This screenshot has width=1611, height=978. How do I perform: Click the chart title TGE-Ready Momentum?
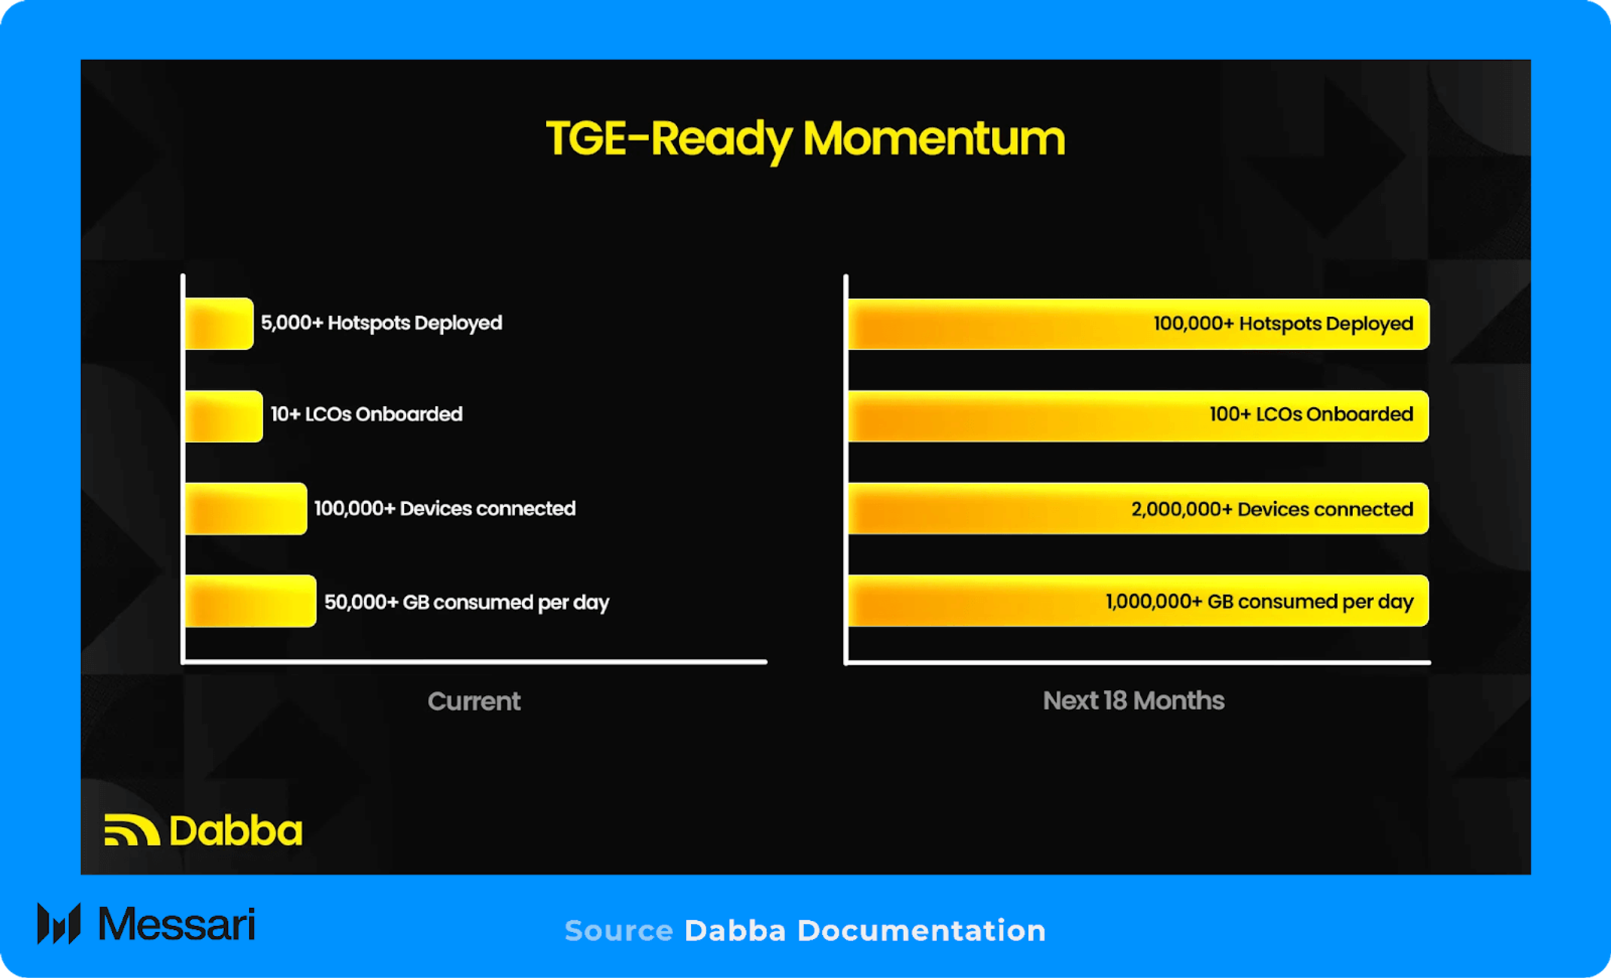pyautogui.click(x=805, y=139)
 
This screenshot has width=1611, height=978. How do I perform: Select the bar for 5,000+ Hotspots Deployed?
pyautogui.click(x=219, y=323)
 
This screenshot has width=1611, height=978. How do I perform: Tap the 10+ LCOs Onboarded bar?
pyautogui.click(x=223, y=416)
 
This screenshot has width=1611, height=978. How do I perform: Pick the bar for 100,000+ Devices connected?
pyautogui.click(x=246, y=509)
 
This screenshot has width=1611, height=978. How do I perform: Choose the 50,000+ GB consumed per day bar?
pyautogui.click(x=250, y=601)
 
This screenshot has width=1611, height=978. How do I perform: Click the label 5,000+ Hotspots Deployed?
pyautogui.click(x=381, y=323)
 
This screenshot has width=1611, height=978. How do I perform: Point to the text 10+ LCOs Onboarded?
pyautogui.click(x=366, y=415)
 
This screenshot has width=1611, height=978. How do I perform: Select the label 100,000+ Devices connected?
pyautogui.click(x=444, y=509)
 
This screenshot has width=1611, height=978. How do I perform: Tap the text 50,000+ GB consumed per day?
pyautogui.click(x=466, y=603)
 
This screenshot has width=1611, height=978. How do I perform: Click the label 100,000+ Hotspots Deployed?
pyautogui.click(x=1283, y=323)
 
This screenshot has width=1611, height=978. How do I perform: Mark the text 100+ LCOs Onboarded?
pyautogui.click(x=1311, y=415)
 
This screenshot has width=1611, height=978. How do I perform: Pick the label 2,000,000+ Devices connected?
pyautogui.click(x=1272, y=509)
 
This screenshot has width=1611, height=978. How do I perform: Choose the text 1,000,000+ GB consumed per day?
pyautogui.click(x=1259, y=602)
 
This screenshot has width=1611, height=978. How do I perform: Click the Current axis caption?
pyautogui.click(x=474, y=701)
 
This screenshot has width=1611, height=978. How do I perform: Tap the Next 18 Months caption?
pyautogui.click(x=1133, y=700)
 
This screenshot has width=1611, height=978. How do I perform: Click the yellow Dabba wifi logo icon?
pyautogui.click(x=132, y=830)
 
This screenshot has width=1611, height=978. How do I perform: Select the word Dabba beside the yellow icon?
pyautogui.click(x=235, y=830)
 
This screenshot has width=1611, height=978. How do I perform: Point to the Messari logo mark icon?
pyautogui.click(x=59, y=923)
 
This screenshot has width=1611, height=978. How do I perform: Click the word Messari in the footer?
pyautogui.click(x=177, y=923)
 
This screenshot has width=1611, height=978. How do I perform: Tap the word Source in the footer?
pyautogui.click(x=619, y=931)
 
